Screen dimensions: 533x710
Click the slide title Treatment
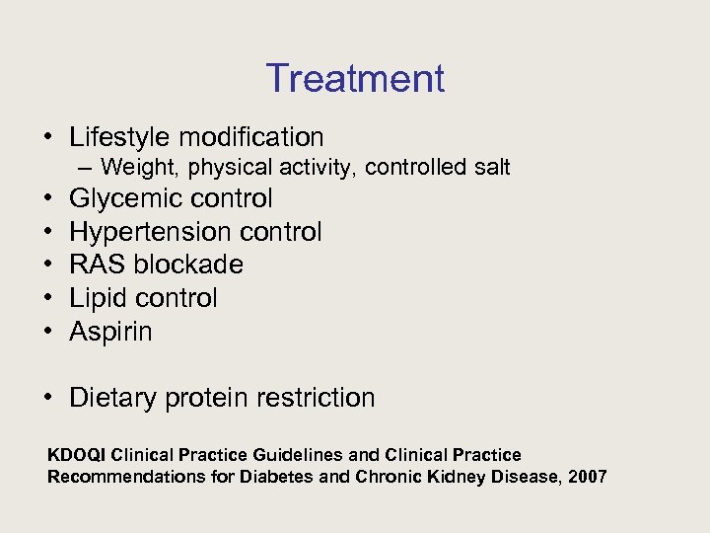point(355,78)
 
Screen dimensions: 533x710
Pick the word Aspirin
point(110,332)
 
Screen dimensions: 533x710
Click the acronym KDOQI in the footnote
point(78,455)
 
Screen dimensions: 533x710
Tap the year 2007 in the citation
point(588,478)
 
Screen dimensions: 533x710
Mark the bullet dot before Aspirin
point(48,332)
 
